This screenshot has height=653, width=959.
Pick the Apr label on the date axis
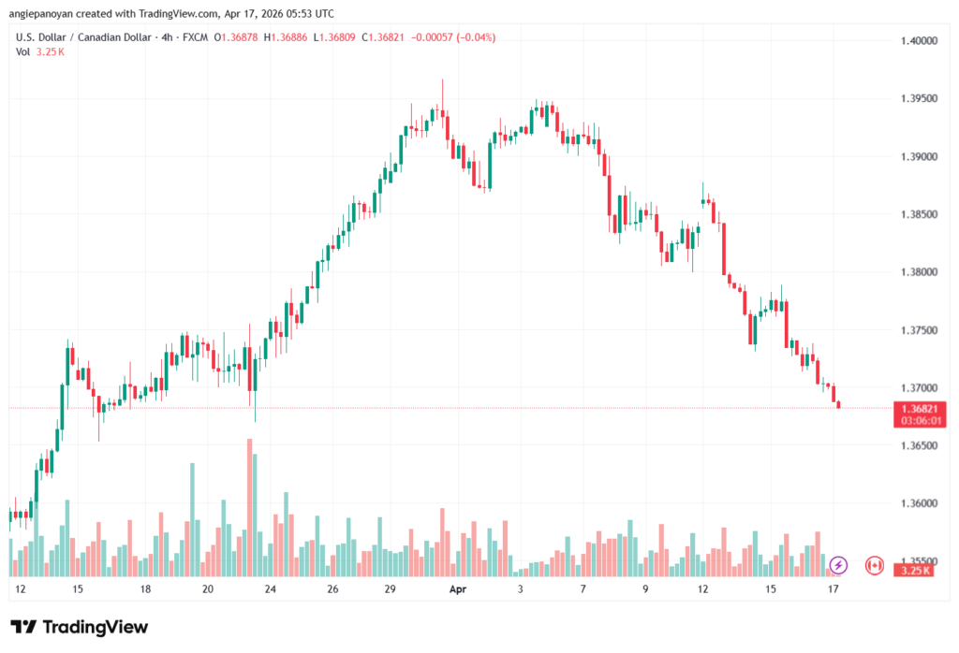point(457,590)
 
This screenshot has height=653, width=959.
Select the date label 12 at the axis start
point(21,590)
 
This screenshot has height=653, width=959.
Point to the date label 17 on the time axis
point(833,590)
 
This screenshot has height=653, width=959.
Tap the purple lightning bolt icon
point(838,565)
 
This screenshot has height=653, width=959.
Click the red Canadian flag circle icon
point(874,565)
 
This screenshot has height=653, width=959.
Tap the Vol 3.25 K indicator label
point(40,51)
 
